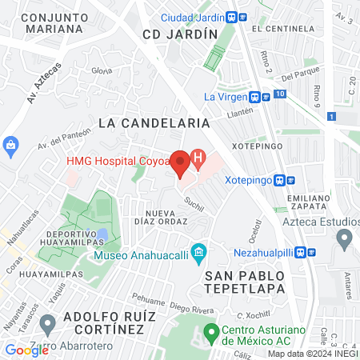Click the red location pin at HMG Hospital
(x=181, y=162)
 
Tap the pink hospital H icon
(x=198, y=158)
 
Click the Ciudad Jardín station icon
(x=231, y=17)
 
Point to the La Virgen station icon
(x=254, y=97)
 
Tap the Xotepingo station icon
(x=280, y=180)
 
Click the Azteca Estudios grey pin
(x=345, y=238)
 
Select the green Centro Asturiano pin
(x=211, y=330)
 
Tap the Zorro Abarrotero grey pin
(x=47, y=324)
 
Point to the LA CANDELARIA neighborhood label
(x=154, y=123)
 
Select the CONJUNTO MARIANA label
(x=52, y=22)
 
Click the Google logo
(x=26, y=350)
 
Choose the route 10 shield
(x=278, y=94)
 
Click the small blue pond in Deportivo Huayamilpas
(x=102, y=235)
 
